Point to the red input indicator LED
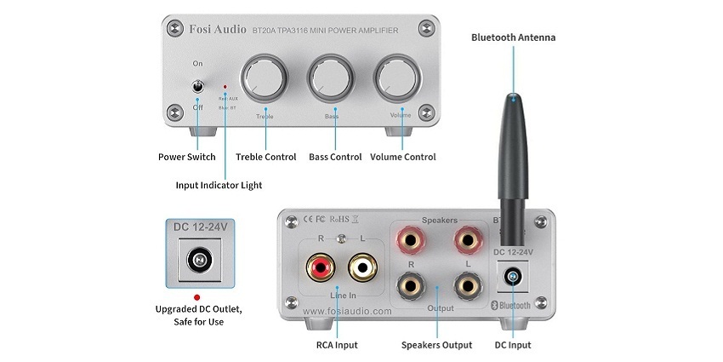(225, 87)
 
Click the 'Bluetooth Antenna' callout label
(514, 37)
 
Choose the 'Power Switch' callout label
(187, 157)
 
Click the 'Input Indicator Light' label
(219, 185)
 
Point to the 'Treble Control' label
(265, 157)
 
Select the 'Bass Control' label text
(335, 157)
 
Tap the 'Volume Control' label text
(403, 157)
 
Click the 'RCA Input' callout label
(336, 345)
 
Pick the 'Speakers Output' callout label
(436, 345)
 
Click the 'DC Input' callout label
(513, 345)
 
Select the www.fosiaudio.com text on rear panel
(346, 311)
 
